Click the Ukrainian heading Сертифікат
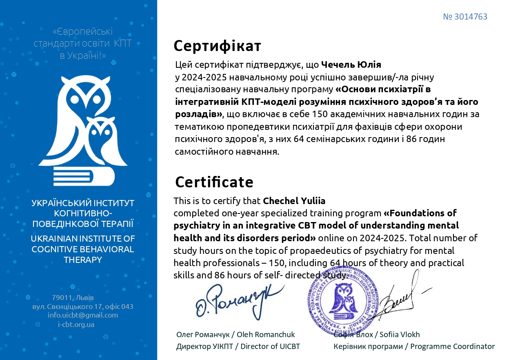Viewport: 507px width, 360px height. point(217,46)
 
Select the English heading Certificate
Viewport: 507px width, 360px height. point(214,182)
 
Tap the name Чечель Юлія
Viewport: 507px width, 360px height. point(351,64)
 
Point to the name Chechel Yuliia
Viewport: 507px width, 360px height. point(294,201)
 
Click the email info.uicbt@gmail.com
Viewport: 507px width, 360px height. point(82,315)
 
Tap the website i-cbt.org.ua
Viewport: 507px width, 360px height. point(76,324)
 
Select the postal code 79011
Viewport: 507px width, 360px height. point(62,297)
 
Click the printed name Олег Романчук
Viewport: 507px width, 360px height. point(202,335)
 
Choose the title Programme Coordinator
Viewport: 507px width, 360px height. point(452,347)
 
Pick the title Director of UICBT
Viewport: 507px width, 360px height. point(270,347)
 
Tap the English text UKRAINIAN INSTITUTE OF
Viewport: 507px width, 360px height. point(83,238)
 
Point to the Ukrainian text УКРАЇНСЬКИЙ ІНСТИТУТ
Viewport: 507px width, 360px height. point(83,203)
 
